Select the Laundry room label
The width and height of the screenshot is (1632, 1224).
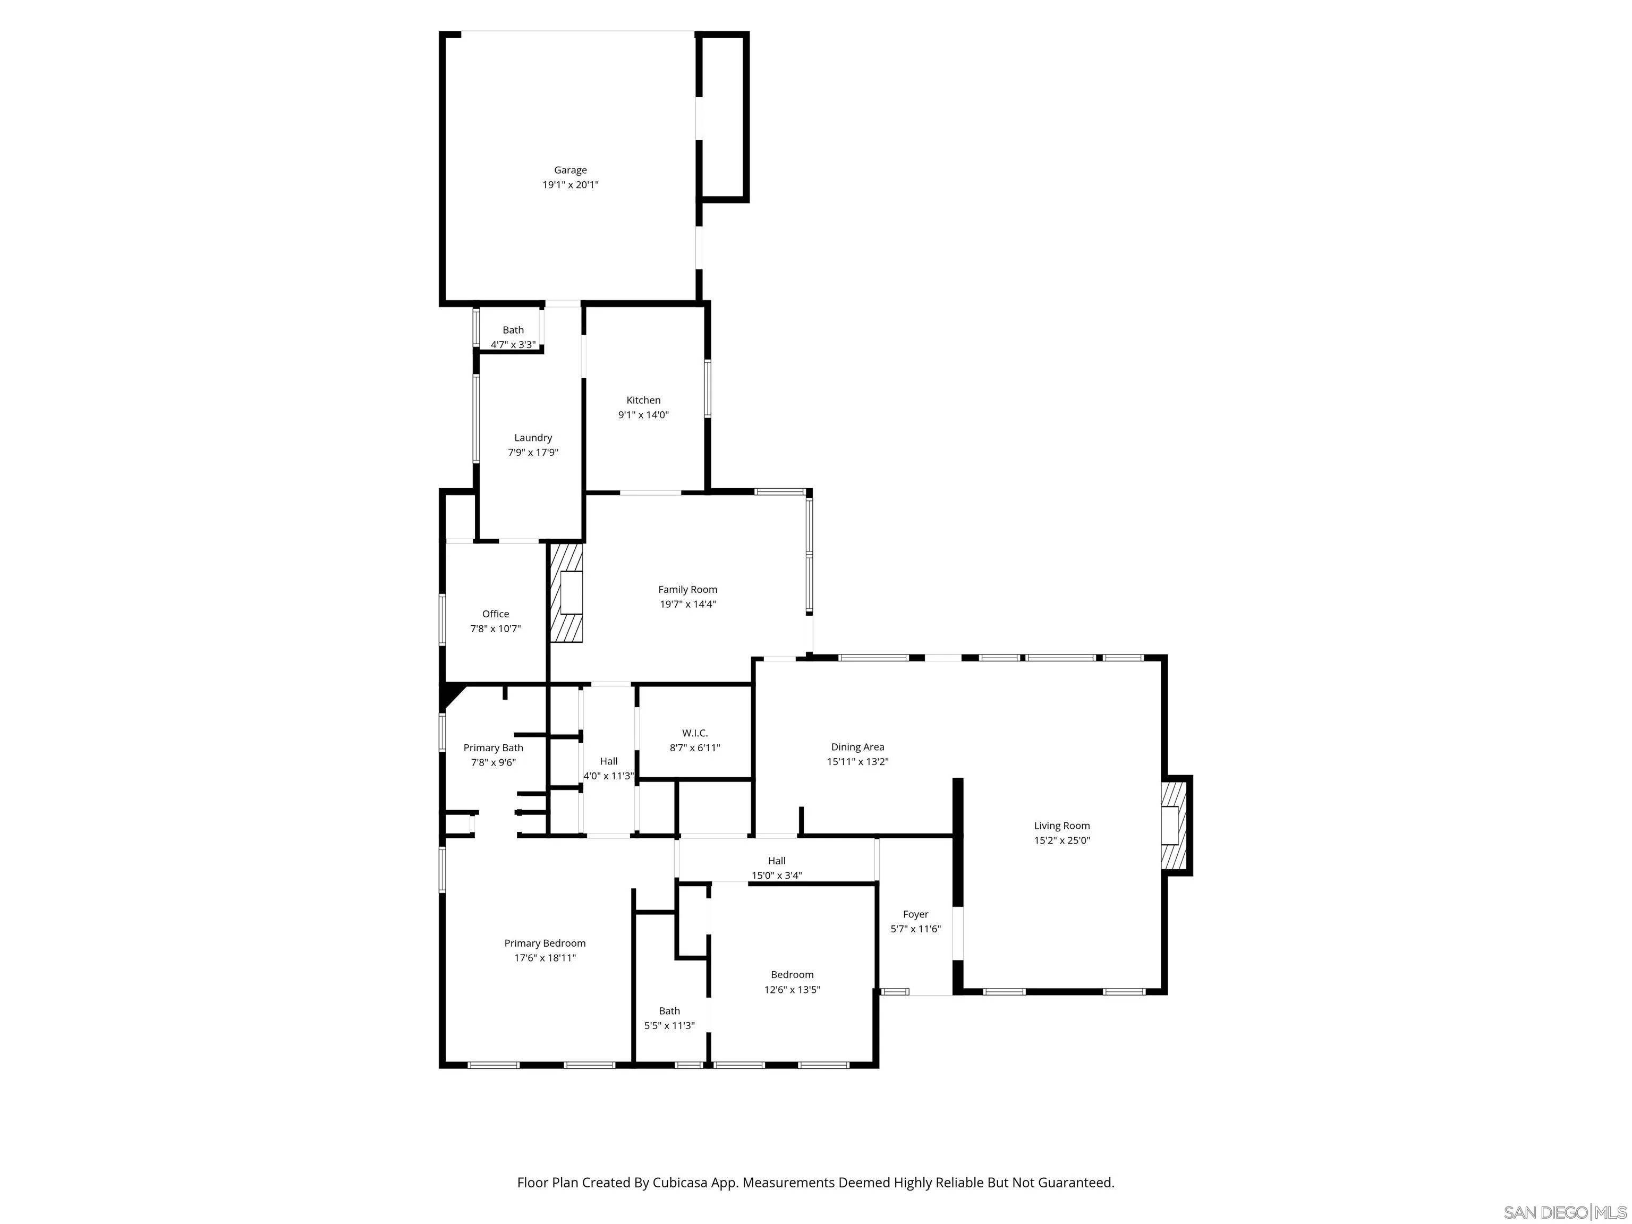click(533, 438)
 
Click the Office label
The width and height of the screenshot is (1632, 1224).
click(495, 614)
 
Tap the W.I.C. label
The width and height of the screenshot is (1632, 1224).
click(694, 733)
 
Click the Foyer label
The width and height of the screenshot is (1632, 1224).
click(915, 914)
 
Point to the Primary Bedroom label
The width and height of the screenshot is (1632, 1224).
click(545, 943)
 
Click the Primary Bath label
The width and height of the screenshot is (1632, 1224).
click(493, 747)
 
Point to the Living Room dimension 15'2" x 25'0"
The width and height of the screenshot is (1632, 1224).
click(1061, 840)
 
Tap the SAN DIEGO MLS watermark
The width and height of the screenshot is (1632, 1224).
click(1564, 1212)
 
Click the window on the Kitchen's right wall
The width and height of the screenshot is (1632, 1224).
click(707, 388)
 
